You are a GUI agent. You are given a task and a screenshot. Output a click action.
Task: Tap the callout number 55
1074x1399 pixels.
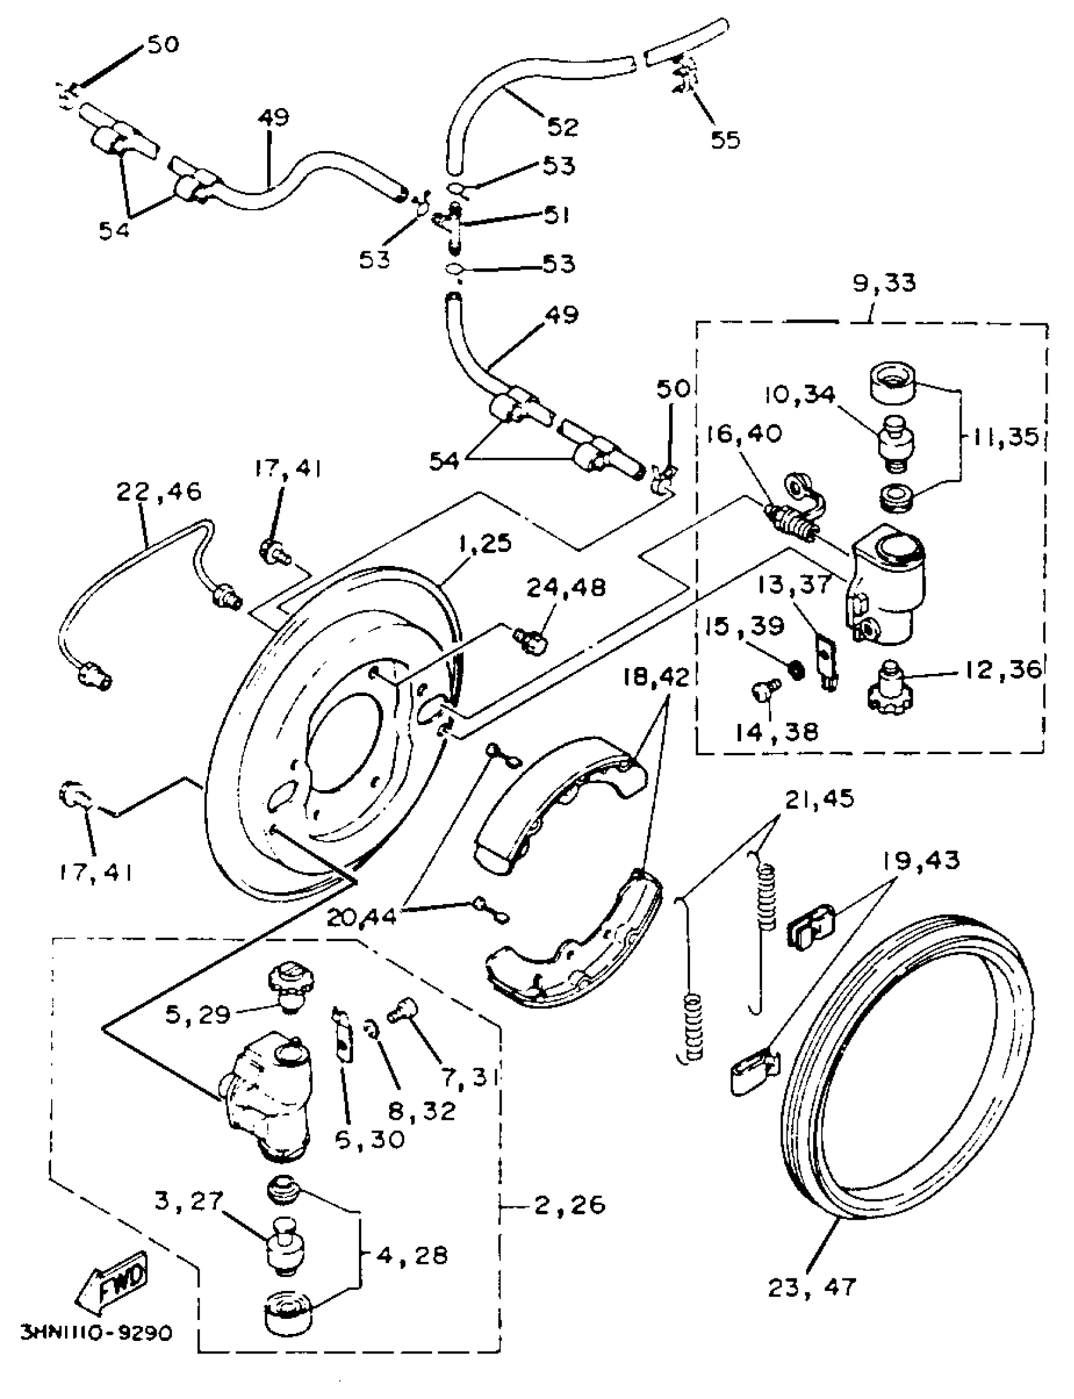coord(725,140)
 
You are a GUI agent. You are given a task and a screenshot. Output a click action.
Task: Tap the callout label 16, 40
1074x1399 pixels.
coord(744,433)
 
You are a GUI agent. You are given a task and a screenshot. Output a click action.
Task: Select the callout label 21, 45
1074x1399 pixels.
coord(819,799)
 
